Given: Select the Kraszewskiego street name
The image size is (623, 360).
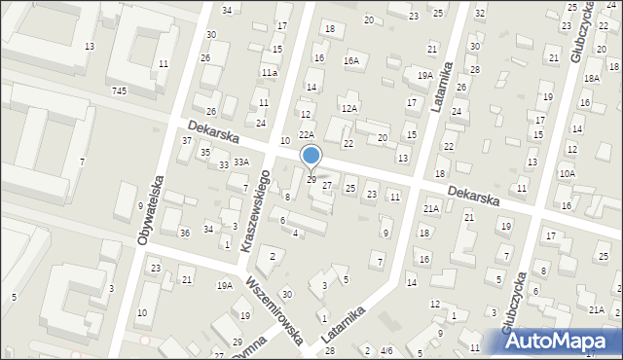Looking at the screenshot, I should (x=255, y=210).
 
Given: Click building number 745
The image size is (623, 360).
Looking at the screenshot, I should (x=120, y=90).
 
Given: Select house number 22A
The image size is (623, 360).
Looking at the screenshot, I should (x=307, y=135).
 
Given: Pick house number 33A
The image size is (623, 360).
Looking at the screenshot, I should (x=240, y=162).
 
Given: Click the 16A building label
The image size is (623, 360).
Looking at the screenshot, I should (x=351, y=60).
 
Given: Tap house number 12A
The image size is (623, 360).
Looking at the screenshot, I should (x=349, y=108).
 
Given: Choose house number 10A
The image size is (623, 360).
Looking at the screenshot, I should (x=567, y=173).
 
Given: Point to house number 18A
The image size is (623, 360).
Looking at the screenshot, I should (x=591, y=78).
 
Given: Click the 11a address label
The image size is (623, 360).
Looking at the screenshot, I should (x=269, y=73).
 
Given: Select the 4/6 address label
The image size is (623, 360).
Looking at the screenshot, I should (x=386, y=350).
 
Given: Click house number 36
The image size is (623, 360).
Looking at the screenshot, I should (x=184, y=232).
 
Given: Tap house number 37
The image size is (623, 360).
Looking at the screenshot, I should (x=187, y=141).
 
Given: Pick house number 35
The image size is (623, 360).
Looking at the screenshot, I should (x=205, y=153).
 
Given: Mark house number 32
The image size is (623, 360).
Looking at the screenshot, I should (x=480, y=13).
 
